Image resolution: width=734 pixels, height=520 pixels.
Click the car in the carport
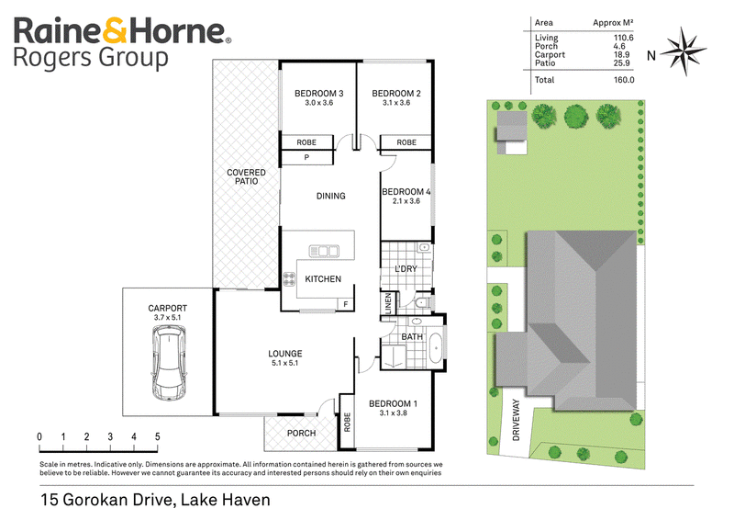click(169, 363)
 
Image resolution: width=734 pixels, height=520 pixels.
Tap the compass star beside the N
click(685, 51)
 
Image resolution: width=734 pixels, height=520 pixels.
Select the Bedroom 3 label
click(318, 94)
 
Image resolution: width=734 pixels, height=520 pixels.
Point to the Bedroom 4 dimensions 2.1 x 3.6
click(406, 201)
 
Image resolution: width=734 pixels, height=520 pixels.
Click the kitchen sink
click(324, 252)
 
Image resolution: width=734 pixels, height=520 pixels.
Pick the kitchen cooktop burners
click(289, 279)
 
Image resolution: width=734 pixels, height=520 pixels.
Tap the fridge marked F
click(346, 304)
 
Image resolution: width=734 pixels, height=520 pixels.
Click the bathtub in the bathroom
click(436, 347)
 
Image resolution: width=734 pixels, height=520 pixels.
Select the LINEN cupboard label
click(388, 303)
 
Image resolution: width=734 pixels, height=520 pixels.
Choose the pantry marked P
click(306, 157)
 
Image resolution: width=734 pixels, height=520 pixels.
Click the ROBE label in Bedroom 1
click(347, 422)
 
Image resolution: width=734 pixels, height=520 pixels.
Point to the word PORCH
click(301, 434)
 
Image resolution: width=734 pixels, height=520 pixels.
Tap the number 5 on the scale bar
click(157, 437)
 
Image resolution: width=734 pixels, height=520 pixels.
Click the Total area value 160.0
click(624, 80)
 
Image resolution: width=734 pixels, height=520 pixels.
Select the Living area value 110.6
click(624, 38)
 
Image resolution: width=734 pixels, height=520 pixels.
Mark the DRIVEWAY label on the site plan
click(517, 420)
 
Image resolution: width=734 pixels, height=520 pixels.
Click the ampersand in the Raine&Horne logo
click(114, 31)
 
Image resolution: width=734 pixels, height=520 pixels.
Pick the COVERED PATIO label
click(246, 176)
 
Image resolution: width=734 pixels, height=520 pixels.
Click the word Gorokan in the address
click(94, 500)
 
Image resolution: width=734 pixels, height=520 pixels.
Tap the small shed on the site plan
click(512, 126)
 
